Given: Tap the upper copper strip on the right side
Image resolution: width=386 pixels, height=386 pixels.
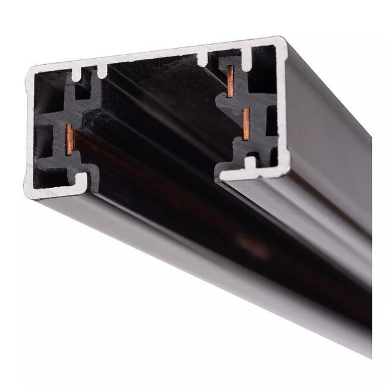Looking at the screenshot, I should pos(230,81).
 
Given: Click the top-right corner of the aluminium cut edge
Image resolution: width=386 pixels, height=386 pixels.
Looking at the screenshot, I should pos(282,42).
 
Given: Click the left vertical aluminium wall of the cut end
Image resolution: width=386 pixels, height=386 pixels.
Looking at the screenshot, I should pos(30,131).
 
